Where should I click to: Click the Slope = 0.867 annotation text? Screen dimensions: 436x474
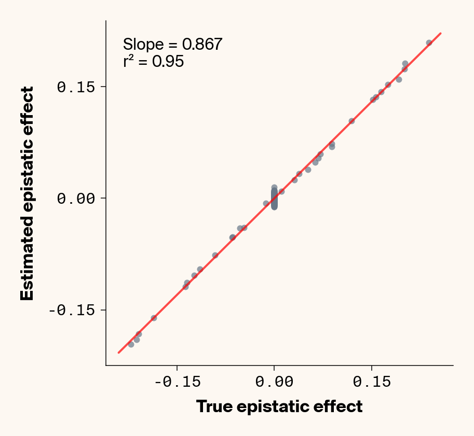(x=172, y=45)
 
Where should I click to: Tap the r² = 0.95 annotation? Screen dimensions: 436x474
(x=153, y=62)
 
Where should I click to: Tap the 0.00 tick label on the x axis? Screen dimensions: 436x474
(x=274, y=382)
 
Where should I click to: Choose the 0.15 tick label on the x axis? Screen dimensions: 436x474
(x=371, y=382)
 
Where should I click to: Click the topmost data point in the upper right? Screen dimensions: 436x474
(x=429, y=43)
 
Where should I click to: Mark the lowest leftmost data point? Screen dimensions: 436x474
(x=131, y=344)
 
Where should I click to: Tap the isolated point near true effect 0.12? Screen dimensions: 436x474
(x=351, y=121)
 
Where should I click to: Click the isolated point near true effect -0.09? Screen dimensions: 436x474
(x=215, y=255)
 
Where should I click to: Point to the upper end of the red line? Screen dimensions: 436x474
(x=441, y=33)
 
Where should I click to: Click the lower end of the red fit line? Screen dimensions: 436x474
(x=119, y=353)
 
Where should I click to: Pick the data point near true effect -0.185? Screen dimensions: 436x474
(x=154, y=318)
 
